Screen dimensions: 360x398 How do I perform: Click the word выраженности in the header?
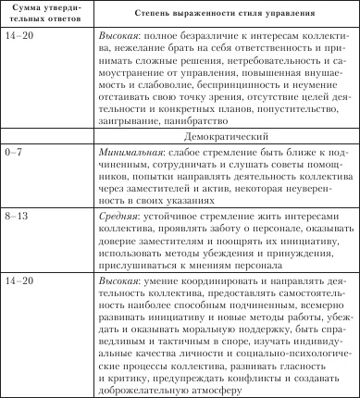[196, 17]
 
